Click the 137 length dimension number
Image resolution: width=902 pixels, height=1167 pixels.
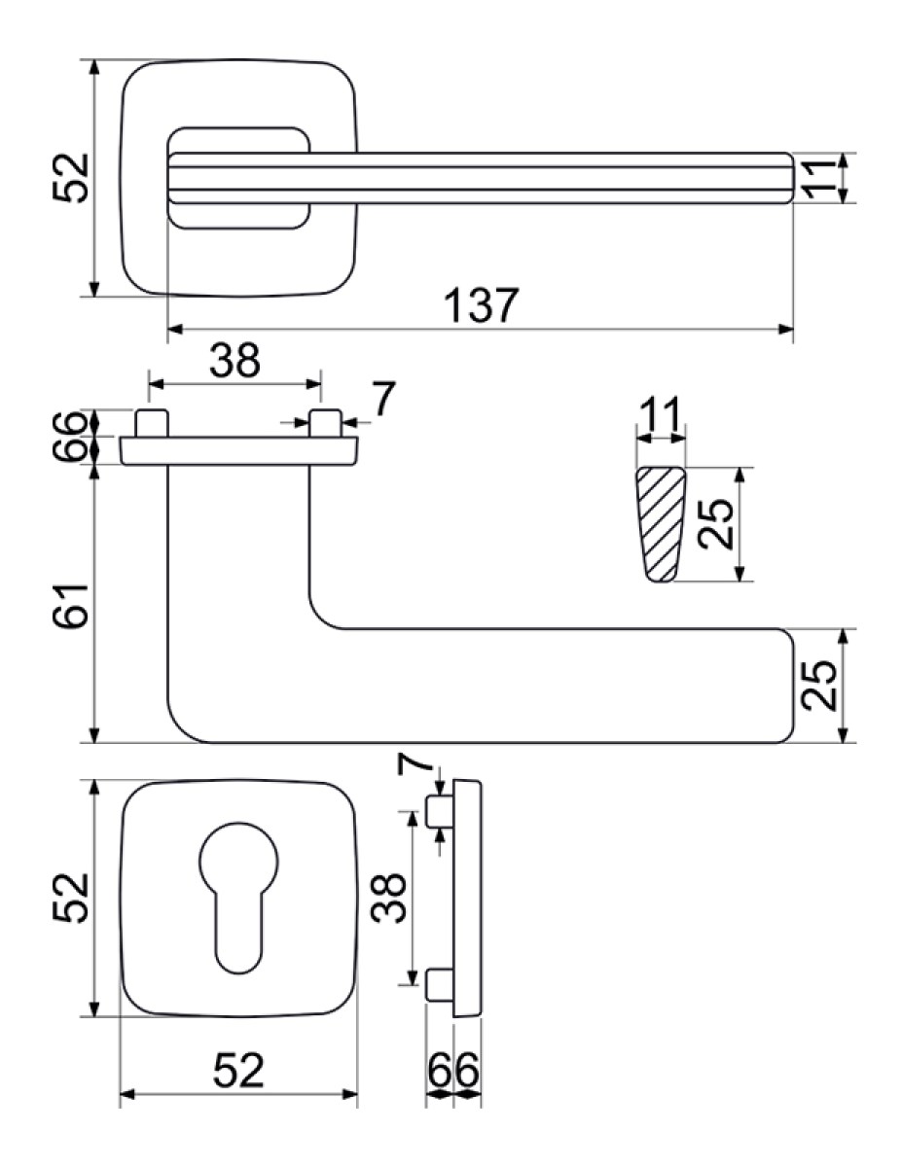tap(482, 305)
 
